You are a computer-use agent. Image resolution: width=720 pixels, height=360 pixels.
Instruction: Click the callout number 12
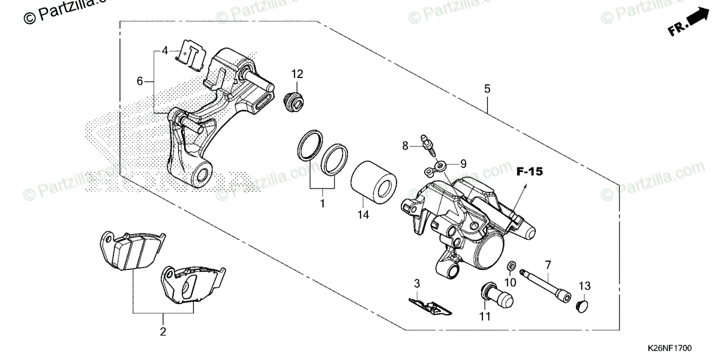(298, 74)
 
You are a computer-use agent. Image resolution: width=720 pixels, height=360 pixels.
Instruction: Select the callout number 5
(487, 88)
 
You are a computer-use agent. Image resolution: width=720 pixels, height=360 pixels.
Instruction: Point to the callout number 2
(163, 331)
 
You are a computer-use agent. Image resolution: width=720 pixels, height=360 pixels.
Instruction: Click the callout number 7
(547, 265)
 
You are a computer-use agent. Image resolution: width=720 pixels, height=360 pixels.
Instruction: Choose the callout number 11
(485, 316)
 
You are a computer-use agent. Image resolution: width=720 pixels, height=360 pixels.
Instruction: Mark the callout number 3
(416, 283)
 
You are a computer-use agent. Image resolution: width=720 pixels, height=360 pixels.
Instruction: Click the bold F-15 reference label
(529, 172)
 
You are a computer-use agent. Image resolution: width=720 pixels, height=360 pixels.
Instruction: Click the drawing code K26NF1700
(670, 348)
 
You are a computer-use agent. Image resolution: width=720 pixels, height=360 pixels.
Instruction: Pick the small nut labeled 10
(512, 266)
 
